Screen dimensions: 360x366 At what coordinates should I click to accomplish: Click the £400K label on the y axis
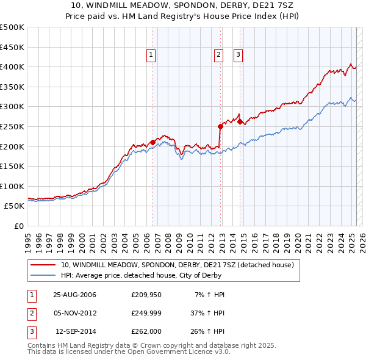[x=13, y=67]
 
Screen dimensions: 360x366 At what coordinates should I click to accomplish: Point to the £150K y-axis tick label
[x=13, y=166]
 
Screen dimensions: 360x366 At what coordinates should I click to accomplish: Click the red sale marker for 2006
[x=152, y=142]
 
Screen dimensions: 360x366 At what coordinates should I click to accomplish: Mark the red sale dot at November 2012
[x=220, y=126]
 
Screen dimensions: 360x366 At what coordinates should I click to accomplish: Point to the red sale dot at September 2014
[x=240, y=121]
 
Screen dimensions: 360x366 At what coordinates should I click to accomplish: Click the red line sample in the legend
[x=43, y=265]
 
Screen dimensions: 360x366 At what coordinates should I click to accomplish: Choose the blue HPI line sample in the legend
[x=43, y=275]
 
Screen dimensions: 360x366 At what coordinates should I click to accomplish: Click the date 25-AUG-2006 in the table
[x=74, y=295]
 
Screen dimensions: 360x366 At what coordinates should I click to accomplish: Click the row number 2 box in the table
[x=31, y=313]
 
